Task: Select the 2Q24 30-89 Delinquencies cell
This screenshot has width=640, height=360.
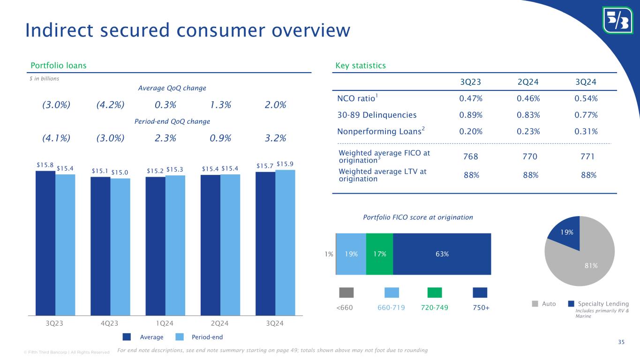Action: [x=528, y=115]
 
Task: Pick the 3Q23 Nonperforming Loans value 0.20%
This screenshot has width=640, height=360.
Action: [x=471, y=132]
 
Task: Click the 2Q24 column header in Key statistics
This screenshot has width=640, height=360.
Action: [x=528, y=82]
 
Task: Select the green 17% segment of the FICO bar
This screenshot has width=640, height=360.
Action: [x=379, y=254]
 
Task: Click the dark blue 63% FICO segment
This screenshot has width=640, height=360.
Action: [x=442, y=254]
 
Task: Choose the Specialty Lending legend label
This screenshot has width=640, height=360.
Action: [x=603, y=304]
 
